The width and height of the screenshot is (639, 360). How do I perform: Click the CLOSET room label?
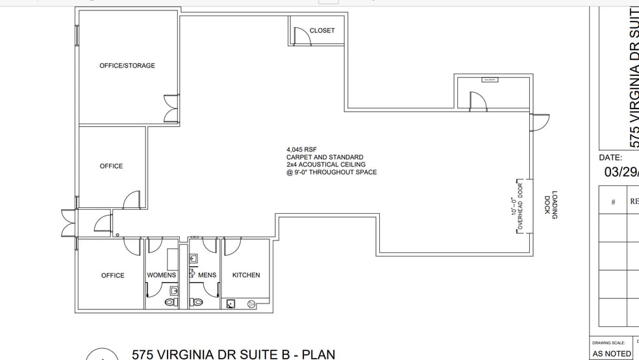[322, 31]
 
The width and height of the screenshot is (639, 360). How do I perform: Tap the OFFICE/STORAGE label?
[127, 66]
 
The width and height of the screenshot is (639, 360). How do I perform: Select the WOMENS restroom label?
[162, 275]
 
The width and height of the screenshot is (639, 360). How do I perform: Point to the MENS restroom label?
[207, 275]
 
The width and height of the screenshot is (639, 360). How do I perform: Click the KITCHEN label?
[246, 275]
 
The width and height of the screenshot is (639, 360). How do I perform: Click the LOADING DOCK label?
[550, 207]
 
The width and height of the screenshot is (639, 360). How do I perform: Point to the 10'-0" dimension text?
[512, 207]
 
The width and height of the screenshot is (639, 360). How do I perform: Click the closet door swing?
[302, 36]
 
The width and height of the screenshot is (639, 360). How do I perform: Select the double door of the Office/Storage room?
[171, 109]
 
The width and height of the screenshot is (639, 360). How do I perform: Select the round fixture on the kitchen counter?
[251, 303]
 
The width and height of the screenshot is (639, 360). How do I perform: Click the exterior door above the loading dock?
[540, 122]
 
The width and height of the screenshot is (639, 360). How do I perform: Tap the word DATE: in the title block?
[610, 157]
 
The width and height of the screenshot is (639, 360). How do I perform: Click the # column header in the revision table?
[612, 201]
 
